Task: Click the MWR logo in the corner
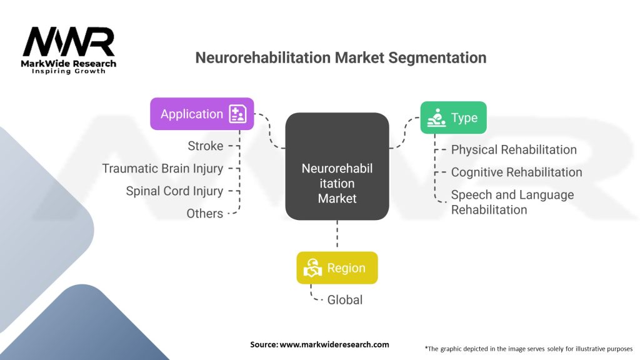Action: [68, 42]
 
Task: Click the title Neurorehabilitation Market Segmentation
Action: [341, 57]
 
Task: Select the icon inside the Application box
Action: [238, 114]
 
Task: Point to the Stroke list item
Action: [205, 146]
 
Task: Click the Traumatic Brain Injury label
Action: [162, 168]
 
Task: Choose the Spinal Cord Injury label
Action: [174, 191]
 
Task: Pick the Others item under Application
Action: [204, 213]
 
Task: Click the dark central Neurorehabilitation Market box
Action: [337, 166]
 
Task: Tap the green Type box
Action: [453, 117]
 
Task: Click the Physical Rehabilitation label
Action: [514, 149]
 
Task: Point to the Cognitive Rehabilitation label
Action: [516, 172]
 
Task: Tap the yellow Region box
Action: [337, 267]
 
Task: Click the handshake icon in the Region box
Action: [312, 268]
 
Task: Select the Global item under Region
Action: [344, 299]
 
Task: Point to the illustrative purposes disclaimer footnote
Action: [528, 348]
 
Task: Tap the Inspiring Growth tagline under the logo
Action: [69, 71]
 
